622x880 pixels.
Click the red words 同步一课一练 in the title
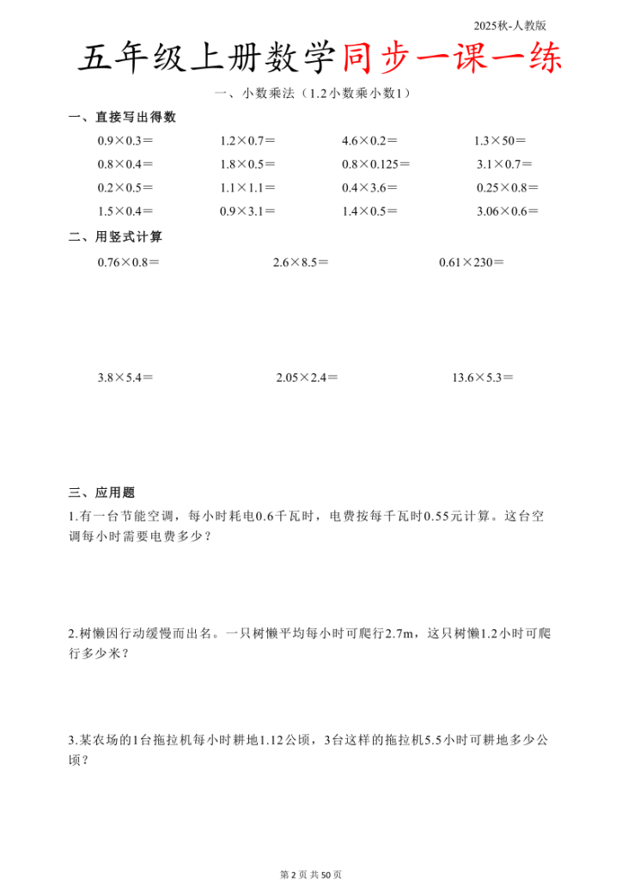(x=452, y=59)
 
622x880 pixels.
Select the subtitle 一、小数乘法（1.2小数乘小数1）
(x=311, y=95)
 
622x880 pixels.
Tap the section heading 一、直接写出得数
(x=122, y=118)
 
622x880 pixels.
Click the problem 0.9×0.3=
(x=125, y=141)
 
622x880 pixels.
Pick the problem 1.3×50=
(x=500, y=141)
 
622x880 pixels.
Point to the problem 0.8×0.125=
(x=375, y=164)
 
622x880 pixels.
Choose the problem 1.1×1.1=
(x=247, y=187)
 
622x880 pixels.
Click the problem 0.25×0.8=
(x=507, y=187)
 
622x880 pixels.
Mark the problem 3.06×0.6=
(x=507, y=211)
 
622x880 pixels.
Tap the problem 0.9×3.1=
(x=247, y=211)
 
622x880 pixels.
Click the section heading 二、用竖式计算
(x=115, y=236)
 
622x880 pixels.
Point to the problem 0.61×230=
(x=471, y=262)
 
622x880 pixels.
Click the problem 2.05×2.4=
(x=307, y=377)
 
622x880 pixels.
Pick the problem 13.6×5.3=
(x=482, y=377)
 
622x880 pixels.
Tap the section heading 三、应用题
(x=101, y=492)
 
